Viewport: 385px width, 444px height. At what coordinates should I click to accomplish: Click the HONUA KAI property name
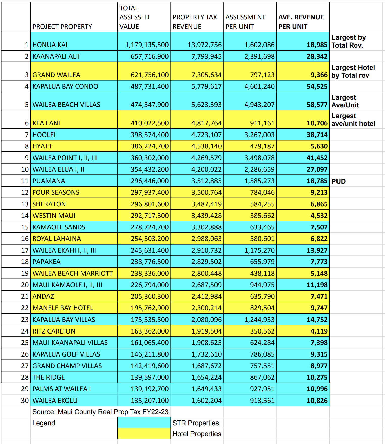click(x=50, y=45)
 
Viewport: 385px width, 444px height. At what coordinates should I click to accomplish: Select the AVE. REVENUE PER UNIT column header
click(x=301, y=22)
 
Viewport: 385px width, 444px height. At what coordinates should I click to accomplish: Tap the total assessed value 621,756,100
click(x=150, y=75)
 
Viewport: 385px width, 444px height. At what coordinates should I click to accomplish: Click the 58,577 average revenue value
click(x=317, y=105)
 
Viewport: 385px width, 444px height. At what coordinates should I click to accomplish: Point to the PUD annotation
click(x=339, y=181)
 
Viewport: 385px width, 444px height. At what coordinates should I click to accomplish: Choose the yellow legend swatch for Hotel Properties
click(x=144, y=433)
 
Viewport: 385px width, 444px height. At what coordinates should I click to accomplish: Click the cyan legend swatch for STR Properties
click(x=144, y=423)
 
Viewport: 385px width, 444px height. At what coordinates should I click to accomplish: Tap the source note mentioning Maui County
click(x=100, y=412)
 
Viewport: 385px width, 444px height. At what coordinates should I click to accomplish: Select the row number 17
click(x=25, y=250)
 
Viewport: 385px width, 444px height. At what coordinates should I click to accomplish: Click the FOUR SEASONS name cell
click(x=56, y=192)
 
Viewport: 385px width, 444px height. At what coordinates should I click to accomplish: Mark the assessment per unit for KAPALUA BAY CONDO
click(x=259, y=86)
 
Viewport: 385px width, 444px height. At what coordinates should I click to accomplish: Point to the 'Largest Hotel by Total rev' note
click(x=353, y=71)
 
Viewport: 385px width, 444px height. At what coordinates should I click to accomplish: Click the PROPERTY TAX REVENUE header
click(x=195, y=22)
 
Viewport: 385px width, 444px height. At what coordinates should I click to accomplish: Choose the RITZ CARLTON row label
click(x=54, y=331)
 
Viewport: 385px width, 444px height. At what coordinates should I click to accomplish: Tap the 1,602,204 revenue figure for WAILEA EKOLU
click(x=206, y=401)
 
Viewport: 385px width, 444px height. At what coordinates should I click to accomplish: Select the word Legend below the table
click(x=43, y=423)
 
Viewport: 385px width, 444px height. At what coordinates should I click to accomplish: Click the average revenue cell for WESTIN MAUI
click(x=319, y=216)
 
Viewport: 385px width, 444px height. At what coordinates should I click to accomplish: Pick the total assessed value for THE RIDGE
click(x=150, y=377)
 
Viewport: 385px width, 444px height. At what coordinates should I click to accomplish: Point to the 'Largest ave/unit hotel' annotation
click(x=353, y=120)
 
